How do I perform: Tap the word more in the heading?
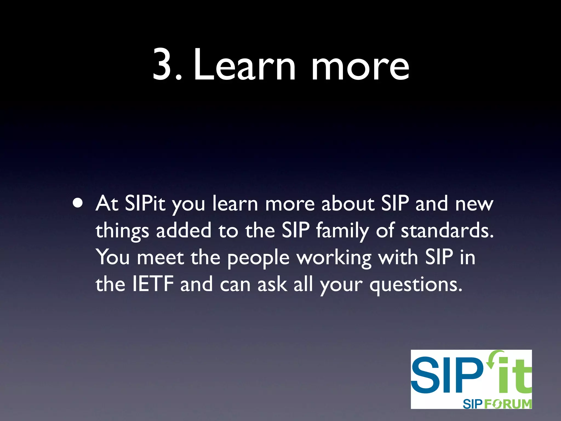tap(360, 67)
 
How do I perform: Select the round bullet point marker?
tap(78, 204)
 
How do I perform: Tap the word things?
tap(122, 231)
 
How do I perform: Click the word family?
tap(343, 231)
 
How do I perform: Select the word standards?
tap(447, 231)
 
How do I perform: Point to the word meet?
tap(160, 258)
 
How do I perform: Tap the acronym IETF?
tap(153, 284)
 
